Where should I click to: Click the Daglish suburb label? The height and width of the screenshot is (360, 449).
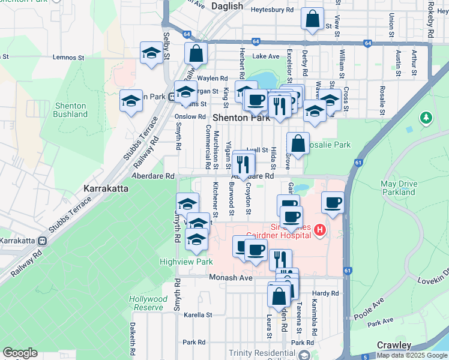pos(228,6)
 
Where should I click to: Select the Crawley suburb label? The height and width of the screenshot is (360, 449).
pos(394,346)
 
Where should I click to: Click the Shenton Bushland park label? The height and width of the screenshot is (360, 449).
pos(71,110)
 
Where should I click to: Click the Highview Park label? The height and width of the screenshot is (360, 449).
pos(178,262)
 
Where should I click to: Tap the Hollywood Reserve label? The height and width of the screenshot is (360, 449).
pos(148,303)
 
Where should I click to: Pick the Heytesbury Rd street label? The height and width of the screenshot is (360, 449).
pos(273,10)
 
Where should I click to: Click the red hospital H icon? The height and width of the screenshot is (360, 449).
pos(320,230)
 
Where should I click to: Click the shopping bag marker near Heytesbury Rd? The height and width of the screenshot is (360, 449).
pos(313,19)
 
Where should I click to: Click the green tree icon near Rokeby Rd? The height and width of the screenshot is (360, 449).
pos(427,117)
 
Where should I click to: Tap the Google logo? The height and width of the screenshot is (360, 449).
pos(20,353)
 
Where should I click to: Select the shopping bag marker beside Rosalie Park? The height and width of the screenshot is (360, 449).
pos(298,144)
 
